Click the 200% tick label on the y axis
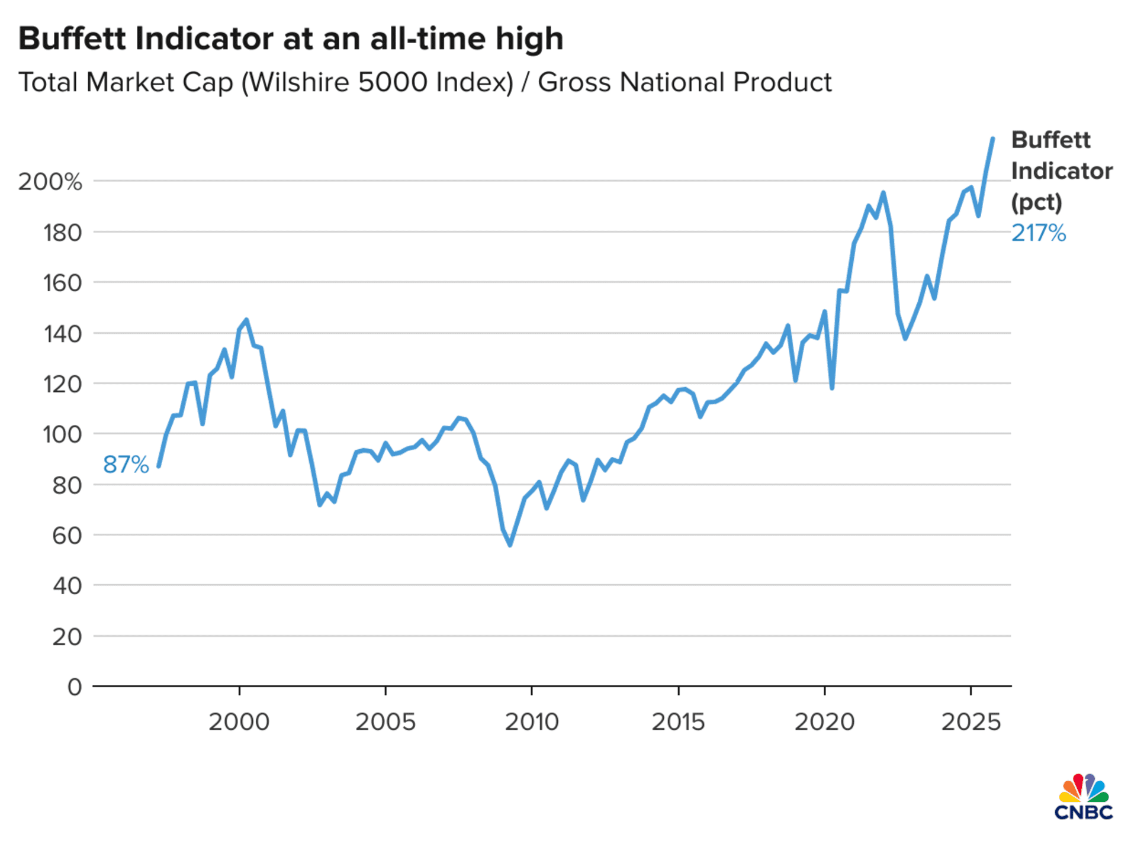click(50, 182)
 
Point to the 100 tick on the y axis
click(62, 434)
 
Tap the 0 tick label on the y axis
click(75, 687)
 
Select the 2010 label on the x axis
click(531, 722)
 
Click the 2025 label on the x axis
click(971, 722)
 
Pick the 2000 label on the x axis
click(239, 722)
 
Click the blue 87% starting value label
click(126, 465)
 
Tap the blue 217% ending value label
click(1038, 233)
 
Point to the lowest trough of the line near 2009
click(510, 545)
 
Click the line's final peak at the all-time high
click(992, 139)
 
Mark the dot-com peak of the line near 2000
click(246, 320)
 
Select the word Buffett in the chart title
click(72, 39)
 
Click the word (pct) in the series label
click(1036, 202)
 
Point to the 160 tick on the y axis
click(62, 283)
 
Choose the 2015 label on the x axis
click(678, 722)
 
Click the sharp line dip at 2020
click(832, 388)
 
